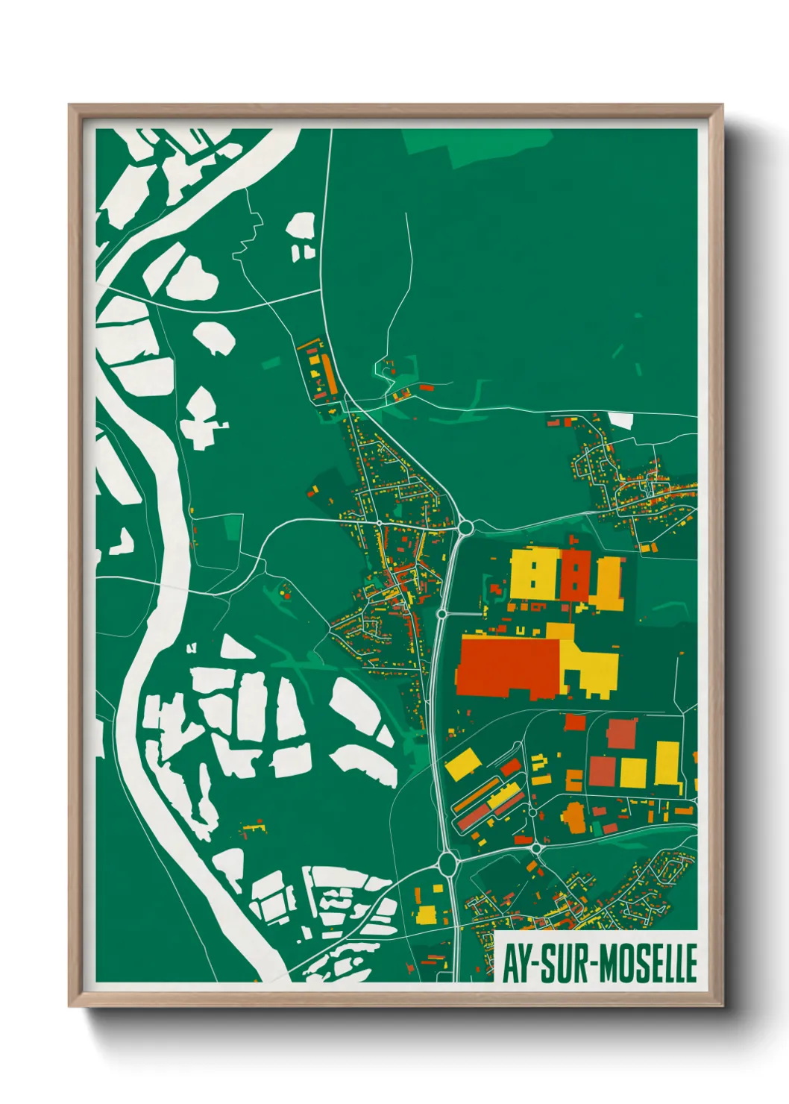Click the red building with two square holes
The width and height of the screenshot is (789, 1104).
coord(574,574)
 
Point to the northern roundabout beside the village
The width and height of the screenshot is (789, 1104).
coord(465,528)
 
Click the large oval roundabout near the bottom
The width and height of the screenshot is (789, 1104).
coord(447,864)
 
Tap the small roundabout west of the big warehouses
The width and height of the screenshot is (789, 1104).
coord(441,614)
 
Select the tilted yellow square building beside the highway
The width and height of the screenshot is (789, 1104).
coord(463,765)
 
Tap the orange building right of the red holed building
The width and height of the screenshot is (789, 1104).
coord(608,582)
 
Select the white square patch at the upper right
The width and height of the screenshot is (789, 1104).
coord(621,421)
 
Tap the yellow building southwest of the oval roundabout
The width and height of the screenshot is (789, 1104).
coord(426,915)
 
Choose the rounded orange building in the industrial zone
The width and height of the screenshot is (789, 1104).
coord(573,818)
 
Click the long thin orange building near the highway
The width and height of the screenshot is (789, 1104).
coord(477,795)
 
